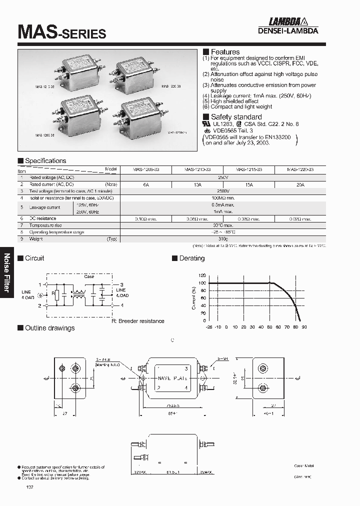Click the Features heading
click(225, 52)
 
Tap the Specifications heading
click(45, 161)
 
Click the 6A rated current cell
click(146, 184)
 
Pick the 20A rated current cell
click(300, 184)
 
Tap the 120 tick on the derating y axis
click(202, 275)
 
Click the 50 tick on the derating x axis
click(269, 326)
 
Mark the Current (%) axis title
click(194, 298)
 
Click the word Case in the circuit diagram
click(89, 276)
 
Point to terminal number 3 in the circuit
click(121, 283)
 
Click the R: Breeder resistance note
click(138, 321)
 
